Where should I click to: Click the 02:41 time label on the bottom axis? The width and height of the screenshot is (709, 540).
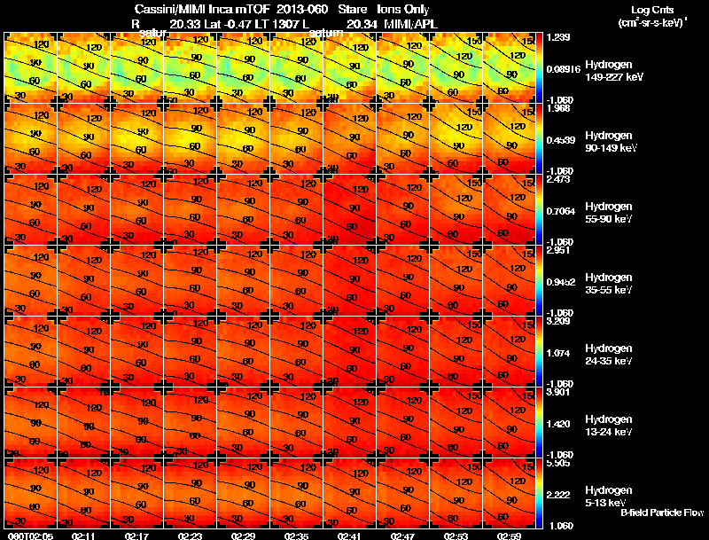click(x=349, y=536)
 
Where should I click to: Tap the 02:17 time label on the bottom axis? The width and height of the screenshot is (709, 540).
click(x=136, y=536)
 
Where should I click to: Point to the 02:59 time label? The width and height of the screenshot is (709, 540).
click(x=509, y=536)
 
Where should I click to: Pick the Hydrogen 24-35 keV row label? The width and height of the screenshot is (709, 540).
click(x=608, y=355)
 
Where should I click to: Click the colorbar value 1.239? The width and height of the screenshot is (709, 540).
click(x=557, y=38)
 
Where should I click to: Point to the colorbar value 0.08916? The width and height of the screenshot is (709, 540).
click(x=562, y=68)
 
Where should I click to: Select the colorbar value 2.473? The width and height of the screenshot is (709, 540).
click(x=557, y=180)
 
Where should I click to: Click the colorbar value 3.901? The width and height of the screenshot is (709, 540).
click(x=557, y=393)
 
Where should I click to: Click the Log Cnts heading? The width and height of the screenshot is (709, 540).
click(x=651, y=8)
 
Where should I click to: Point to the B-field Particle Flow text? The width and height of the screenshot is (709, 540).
click(x=662, y=513)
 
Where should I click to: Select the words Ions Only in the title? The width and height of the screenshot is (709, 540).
click(x=404, y=10)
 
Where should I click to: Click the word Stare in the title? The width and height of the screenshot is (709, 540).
click(x=341, y=10)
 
